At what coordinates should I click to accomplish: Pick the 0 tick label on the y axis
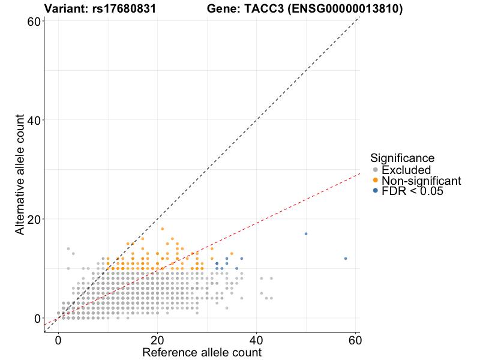point(37,318)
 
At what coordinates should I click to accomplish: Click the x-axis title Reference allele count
point(202,352)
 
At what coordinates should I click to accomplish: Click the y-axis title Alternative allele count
point(20,176)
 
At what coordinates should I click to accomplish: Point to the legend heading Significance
point(402,158)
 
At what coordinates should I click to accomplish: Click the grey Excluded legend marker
point(376,170)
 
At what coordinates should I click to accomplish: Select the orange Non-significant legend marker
point(376,180)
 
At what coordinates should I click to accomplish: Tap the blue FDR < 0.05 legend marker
point(376,190)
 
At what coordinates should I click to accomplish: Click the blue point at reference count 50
point(306,234)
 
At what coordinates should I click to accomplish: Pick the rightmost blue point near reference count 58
point(346,259)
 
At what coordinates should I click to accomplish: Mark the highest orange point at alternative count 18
point(162,229)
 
